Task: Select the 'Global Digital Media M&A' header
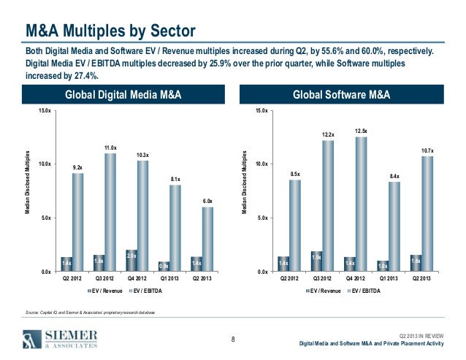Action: coord(123,95)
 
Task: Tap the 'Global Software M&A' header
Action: coord(341,95)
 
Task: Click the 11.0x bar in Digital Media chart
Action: coord(110,212)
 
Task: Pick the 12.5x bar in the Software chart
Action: coord(360,204)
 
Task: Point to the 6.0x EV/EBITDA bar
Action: coord(208,239)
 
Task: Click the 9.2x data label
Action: coord(77,167)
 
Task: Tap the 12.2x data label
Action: coord(328,134)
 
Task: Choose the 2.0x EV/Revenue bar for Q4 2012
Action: coord(131,260)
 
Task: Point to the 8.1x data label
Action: coord(175,179)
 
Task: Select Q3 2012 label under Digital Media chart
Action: coord(104,278)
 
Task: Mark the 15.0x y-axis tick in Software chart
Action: coord(261,110)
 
